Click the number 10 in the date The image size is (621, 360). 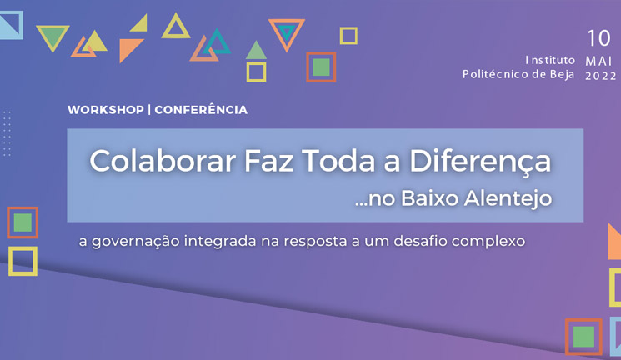click(x=598, y=38)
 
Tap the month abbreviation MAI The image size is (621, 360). click(x=598, y=62)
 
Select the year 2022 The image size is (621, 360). click(x=601, y=76)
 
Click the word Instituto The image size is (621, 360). click(x=550, y=60)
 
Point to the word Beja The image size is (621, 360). click(x=562, y=74)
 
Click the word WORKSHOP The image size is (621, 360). click(x=106, y=110)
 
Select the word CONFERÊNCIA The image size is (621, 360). click(x=201, y=109)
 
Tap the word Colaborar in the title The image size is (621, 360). click(x=163, y=161)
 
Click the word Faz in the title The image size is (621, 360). click(x=268, y=161)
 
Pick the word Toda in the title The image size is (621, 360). click(x=338, y=161)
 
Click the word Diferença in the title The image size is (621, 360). click(x=480, y=162)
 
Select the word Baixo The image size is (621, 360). click(x=430, y=198)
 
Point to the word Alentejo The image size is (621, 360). click(x=508, y=199)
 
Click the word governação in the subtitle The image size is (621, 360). click(x=135, y=241)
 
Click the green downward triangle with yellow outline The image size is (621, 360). click(x=53, y=37)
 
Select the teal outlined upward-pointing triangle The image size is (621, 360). click(x=216, y=42)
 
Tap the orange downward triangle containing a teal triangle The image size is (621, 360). click(x=287, y=33)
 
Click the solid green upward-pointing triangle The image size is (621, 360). click(x=256, y=51)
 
